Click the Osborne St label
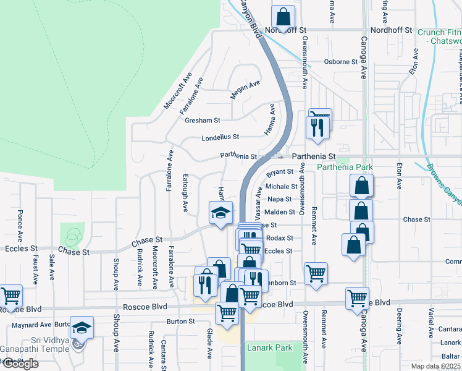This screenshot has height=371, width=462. coord(342,62)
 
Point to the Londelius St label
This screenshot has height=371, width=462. coord(220,137)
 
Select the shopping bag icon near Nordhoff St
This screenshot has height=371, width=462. coord(283,15)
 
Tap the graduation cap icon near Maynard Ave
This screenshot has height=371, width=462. coord(81,327)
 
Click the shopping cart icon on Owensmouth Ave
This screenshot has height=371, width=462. coord(316,273)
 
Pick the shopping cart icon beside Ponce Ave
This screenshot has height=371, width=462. coord(10,296)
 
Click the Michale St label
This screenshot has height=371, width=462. coord(282,186)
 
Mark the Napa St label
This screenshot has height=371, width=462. coord(280,199)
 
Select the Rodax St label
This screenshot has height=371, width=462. coord(280,238)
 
